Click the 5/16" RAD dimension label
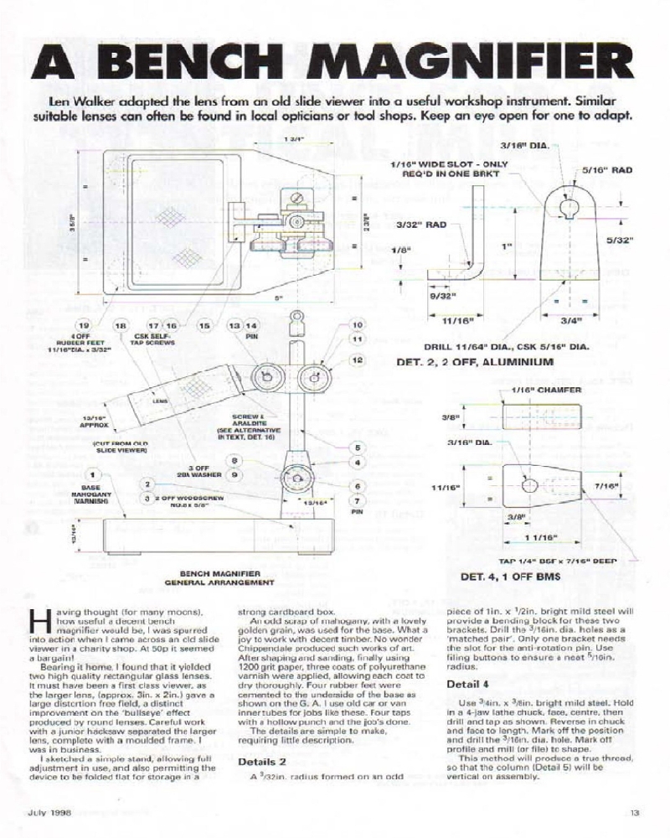click(x=609, y=169)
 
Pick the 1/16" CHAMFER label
click(x=538, y=391)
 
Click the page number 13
click(x=634, y=810)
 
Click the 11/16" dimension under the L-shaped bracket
click(x=451, y=319)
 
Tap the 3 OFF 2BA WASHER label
click(x=201, y=472)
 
